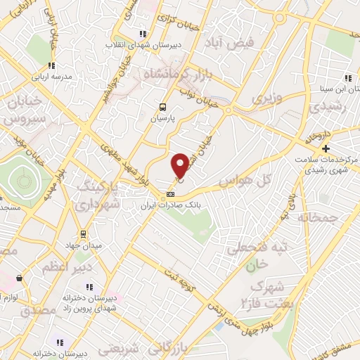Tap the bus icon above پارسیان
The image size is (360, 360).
pyautogui.click(x=163, y=108)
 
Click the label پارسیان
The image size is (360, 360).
pyautogui.click(x=163, y=120)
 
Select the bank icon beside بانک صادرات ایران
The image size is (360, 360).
pyautogui.click(x=169, y=194)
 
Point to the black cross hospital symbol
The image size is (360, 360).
pyautogui.click(x=326, y=148)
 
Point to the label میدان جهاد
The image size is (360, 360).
pyautogui.click(x=84, y=245)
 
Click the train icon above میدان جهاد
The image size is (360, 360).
pyautogui.click(x=84, y=233)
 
